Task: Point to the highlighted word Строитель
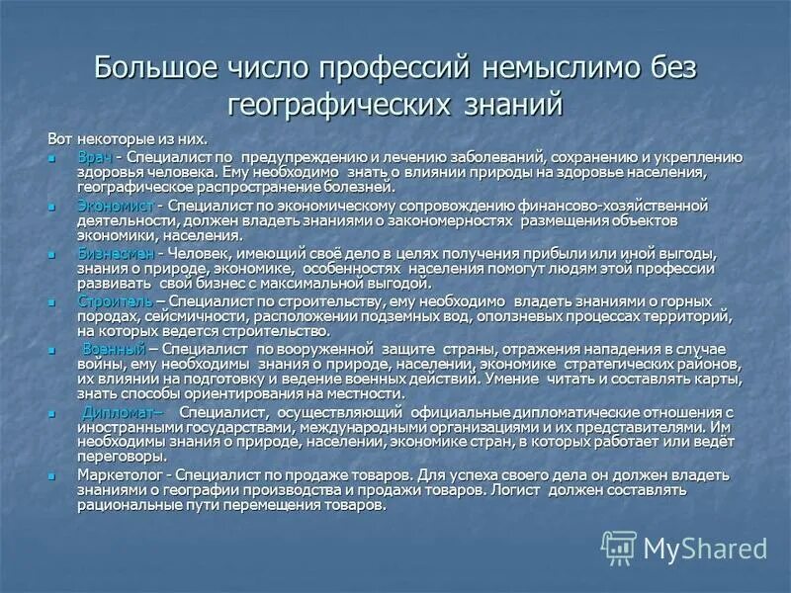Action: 114,301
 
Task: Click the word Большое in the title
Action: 152,69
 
